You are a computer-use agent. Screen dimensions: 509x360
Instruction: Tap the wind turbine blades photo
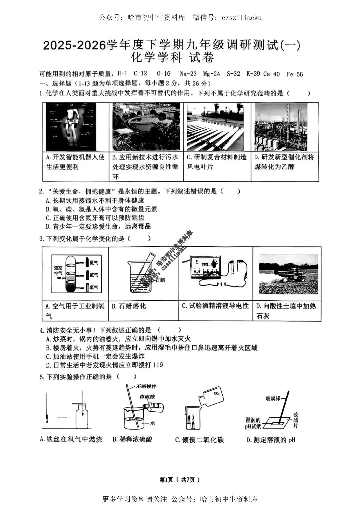click(215, 127)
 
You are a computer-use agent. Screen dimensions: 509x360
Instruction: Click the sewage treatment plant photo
click(146, 127)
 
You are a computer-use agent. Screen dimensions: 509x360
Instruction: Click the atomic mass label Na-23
click(188, 74)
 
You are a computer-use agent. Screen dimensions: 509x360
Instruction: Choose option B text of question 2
click(101, 209)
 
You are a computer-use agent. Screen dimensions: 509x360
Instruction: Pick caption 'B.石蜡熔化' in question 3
click(129, 306)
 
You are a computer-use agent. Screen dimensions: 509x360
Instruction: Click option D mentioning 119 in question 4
click(104, 365)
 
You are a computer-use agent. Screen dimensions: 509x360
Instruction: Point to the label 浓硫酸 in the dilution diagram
click(147, 396)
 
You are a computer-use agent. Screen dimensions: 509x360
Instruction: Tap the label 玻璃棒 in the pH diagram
click(273, 398)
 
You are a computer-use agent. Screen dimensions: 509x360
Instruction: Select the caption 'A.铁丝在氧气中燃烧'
click(71, 439)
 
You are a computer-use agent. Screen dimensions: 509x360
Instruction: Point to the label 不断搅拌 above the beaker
click(146, 387)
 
